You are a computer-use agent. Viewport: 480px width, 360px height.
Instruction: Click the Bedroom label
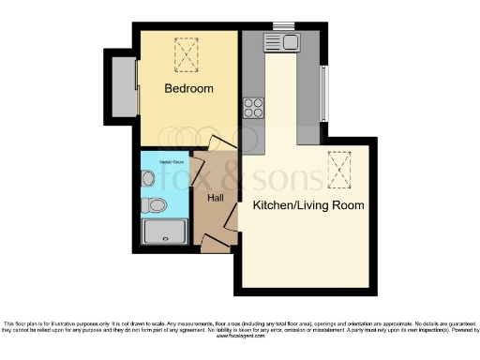coord(188,89)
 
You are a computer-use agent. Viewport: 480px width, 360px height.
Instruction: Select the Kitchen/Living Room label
coord(307,204)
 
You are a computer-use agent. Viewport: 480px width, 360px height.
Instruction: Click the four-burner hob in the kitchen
coord(253,108)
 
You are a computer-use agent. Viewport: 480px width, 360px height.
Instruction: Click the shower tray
coord(164,232)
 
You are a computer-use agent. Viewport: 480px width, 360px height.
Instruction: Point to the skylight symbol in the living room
coord(338,169)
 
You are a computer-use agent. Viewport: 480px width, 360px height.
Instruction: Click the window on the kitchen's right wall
coord(325,94)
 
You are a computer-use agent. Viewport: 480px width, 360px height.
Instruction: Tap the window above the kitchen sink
coord(283,26)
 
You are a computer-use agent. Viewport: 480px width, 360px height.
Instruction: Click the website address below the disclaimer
coord(240,336)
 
